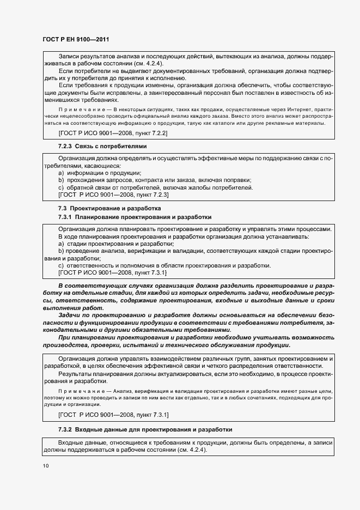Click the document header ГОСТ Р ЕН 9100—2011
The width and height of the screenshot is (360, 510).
coord(76,39)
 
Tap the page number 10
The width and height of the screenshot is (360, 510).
coord(45,466)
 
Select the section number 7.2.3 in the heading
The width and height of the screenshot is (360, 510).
coord(66,147)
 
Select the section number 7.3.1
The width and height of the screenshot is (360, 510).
coord(66,217)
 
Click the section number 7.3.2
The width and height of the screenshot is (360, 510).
coord(66,429)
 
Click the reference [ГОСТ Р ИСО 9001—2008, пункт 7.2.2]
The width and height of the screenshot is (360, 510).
coord(113,132)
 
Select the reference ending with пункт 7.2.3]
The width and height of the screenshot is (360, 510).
coord(113,195)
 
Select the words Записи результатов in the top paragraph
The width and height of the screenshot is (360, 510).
coord(86,56)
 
